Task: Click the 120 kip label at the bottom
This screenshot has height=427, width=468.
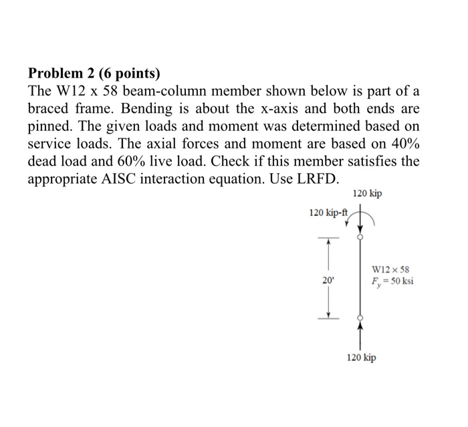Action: (361, 358)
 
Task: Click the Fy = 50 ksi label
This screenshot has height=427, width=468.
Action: (392, 281)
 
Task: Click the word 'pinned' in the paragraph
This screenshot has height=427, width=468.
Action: (51, 126)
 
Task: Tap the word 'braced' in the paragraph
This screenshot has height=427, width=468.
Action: (50, 109)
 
